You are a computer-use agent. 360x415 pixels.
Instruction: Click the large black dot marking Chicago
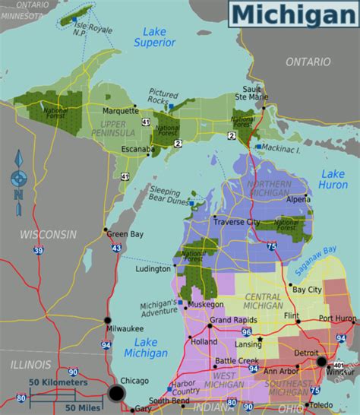[116, 393]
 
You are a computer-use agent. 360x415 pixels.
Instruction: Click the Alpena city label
[298, 198]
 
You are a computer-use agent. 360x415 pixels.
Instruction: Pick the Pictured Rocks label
[163, 95]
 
